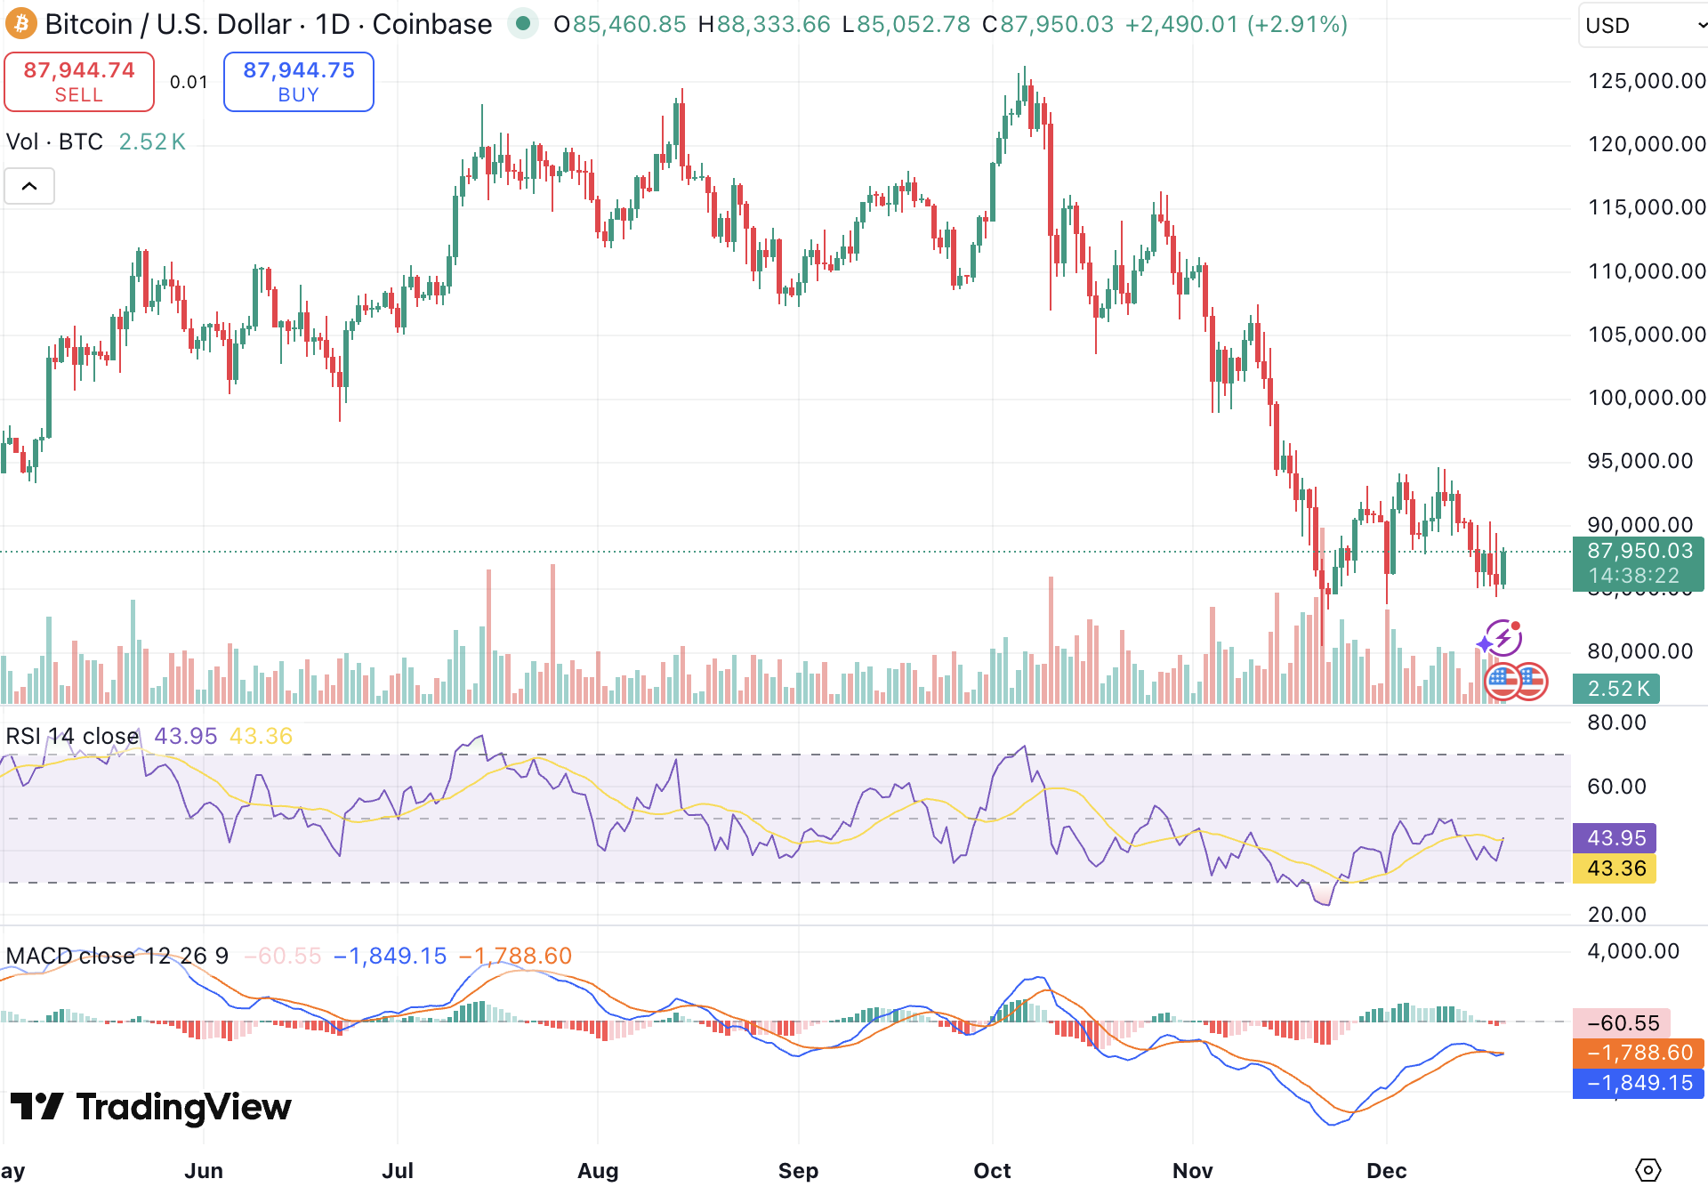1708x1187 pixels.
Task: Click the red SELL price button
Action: (x=79, y=82)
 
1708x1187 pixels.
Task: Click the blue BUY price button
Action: (x=299, y=82)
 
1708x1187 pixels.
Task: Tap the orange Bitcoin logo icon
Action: (x=20, y=24)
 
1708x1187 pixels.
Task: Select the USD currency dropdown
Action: (x=1642, y=25)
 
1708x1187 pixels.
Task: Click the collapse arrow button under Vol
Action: (x=29, y=186)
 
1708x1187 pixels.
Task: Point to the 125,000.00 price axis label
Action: (x=1647, y=81)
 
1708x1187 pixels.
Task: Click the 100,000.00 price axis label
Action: (x=1647, y=398)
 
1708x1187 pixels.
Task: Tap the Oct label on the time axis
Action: (x=992, y=1170)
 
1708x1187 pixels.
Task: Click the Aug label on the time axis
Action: (x=598, y=1170)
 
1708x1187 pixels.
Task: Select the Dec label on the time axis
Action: (x=1386, y=1170)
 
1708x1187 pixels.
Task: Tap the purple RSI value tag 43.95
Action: (x=1615, y=838)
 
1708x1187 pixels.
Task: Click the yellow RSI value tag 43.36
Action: (x=1615, y=868)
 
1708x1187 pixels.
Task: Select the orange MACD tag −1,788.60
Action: (x=1639, y=1053)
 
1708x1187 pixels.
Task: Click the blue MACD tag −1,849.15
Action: (x=1639, y=1083)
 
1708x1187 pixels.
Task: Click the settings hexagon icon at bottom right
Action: (x=1648, y=1170)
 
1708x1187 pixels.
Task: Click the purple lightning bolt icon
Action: (x=1504, y=637)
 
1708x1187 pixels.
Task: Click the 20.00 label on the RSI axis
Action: (x=1616, y=914)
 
